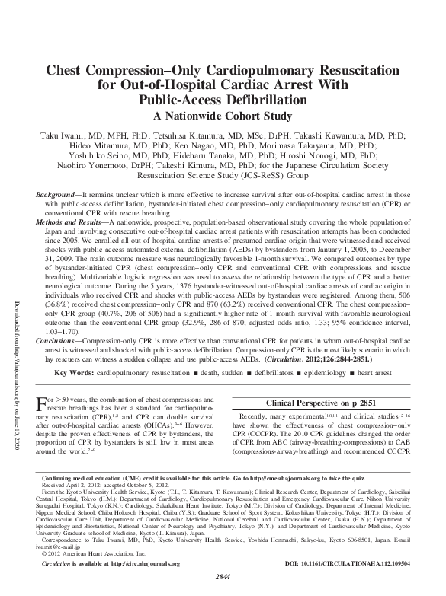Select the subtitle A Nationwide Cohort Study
pos(223,116)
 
